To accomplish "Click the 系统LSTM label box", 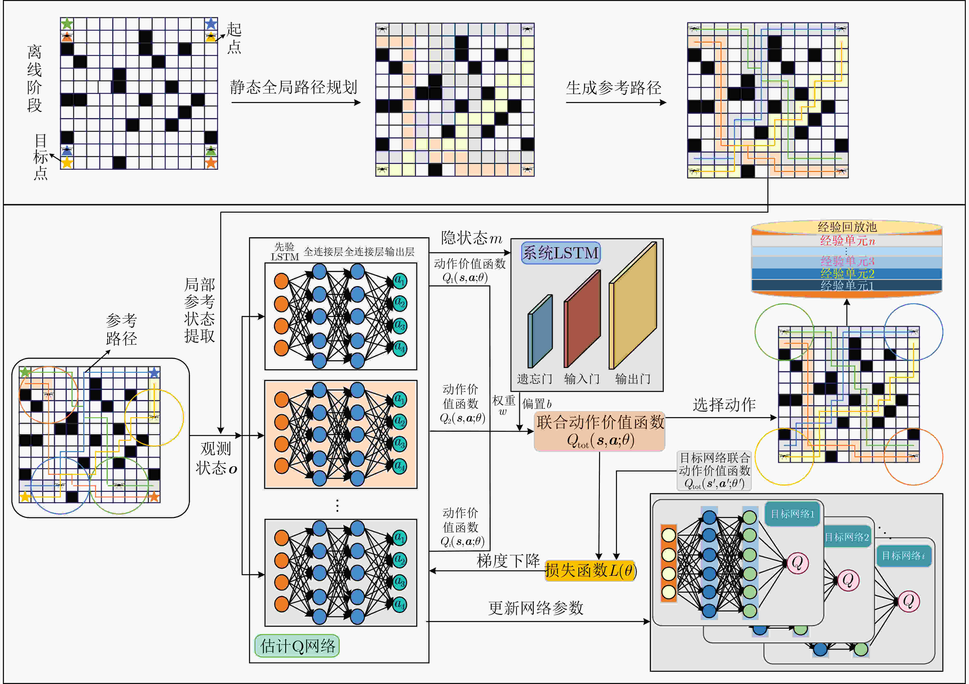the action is click(561, 253).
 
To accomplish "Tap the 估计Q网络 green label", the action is click(297, 646).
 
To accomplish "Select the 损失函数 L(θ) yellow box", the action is click(590, 571).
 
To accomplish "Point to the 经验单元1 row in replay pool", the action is click(847, 285).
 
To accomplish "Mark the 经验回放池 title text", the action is click(847, 227).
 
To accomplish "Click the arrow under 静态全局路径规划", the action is click(296, 102).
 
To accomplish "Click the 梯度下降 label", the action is click(508, 561).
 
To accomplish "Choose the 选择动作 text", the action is click(724, 404).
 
